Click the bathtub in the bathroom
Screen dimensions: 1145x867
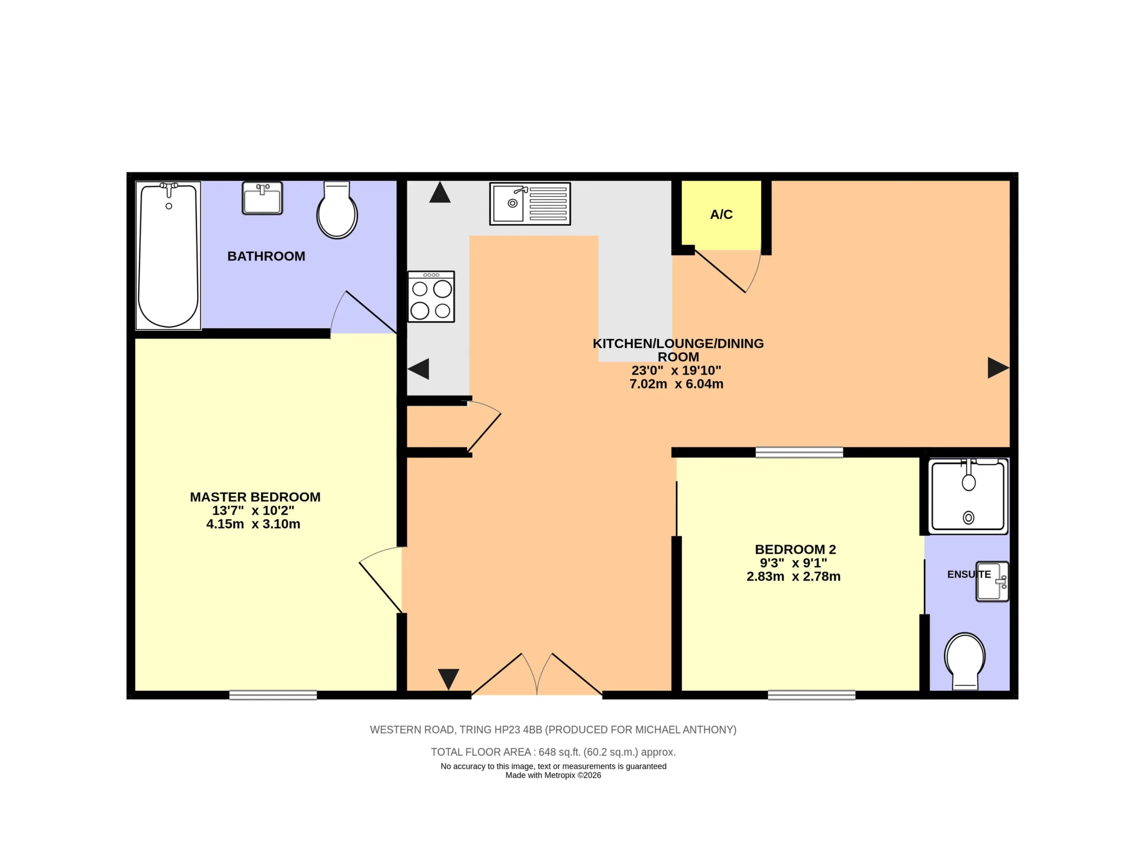[168, 256]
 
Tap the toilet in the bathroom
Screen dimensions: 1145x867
[337, 210]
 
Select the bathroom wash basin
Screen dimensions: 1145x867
[263, 198]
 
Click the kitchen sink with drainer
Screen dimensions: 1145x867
[530, 203]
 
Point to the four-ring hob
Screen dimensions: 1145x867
[431, 297]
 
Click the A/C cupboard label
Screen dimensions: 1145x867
[721, 214]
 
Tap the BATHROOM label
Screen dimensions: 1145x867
[266, 256]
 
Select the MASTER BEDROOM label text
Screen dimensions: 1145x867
[255, 497]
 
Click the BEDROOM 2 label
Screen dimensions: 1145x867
[795, 549]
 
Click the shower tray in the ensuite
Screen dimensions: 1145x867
[968, 496]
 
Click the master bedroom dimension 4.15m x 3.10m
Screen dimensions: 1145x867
[253, 524]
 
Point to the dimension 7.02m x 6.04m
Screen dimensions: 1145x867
[676, 384]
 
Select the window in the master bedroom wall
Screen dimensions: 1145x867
[273, 695]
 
